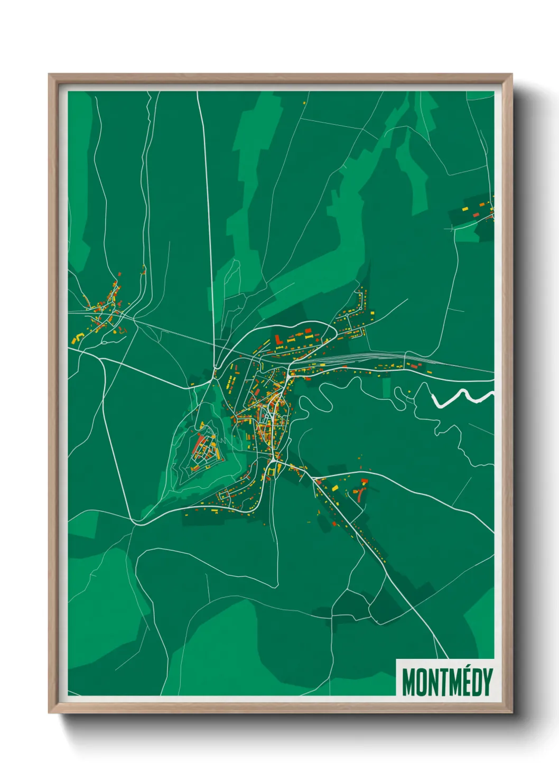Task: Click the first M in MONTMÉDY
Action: click(x=408, y=682)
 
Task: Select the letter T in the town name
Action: click(x=444, y=682)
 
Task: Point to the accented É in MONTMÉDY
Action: click(x=468, y=681)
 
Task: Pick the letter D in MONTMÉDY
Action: click(x=478, y=682)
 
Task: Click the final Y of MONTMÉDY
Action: click(x=488, y=682)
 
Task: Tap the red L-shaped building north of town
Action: click(x=278, y=339)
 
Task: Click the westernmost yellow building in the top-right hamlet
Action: click(x=465, y=209)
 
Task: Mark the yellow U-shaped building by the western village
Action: click(x=79, y=337)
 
